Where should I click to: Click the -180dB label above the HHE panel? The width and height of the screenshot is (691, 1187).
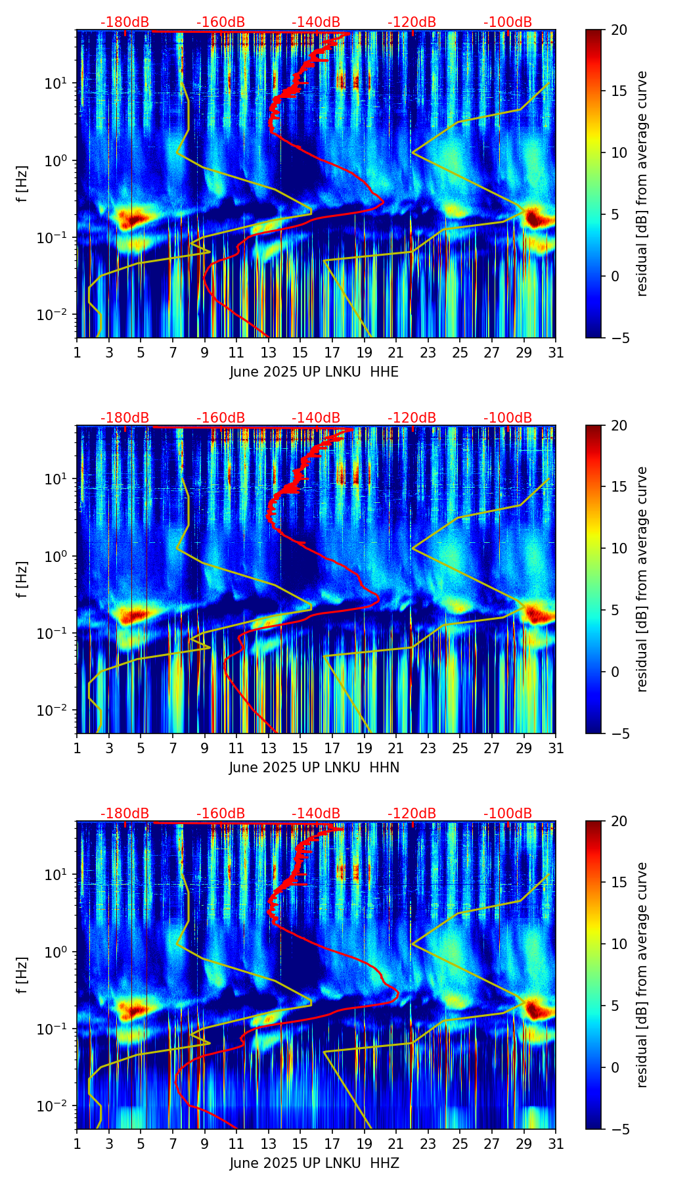click(125, 22)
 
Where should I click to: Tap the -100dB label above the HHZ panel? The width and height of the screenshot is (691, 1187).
click(508, 814)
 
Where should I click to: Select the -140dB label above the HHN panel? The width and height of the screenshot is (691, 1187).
click(316, 418)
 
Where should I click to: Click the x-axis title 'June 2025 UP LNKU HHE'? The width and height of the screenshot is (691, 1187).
click(314, 372)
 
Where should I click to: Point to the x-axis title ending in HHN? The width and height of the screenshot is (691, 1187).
click(314, 768)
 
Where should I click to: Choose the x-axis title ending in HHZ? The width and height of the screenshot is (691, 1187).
click(314, 1163)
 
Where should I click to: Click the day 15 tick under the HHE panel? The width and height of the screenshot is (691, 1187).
click(300, 353)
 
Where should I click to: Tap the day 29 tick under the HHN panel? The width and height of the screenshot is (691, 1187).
click(524, 749)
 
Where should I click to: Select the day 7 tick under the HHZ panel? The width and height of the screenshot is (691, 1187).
click(173, 1144)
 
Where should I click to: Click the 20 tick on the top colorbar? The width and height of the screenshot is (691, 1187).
click(619, 30)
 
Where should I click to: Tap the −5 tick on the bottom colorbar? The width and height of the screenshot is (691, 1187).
click(619, 1129)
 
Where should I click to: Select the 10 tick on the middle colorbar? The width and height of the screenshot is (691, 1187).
click(619, 548)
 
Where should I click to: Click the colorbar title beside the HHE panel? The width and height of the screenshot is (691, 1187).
click(642, 183)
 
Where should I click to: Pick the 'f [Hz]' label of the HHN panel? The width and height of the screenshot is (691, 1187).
click(22, 579)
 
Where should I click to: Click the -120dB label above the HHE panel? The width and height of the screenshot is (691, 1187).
click(412, 22)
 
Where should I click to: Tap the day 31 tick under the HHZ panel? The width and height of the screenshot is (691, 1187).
click(556, 1144)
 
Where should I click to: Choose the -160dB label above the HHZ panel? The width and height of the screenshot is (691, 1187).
click(221, 814)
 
